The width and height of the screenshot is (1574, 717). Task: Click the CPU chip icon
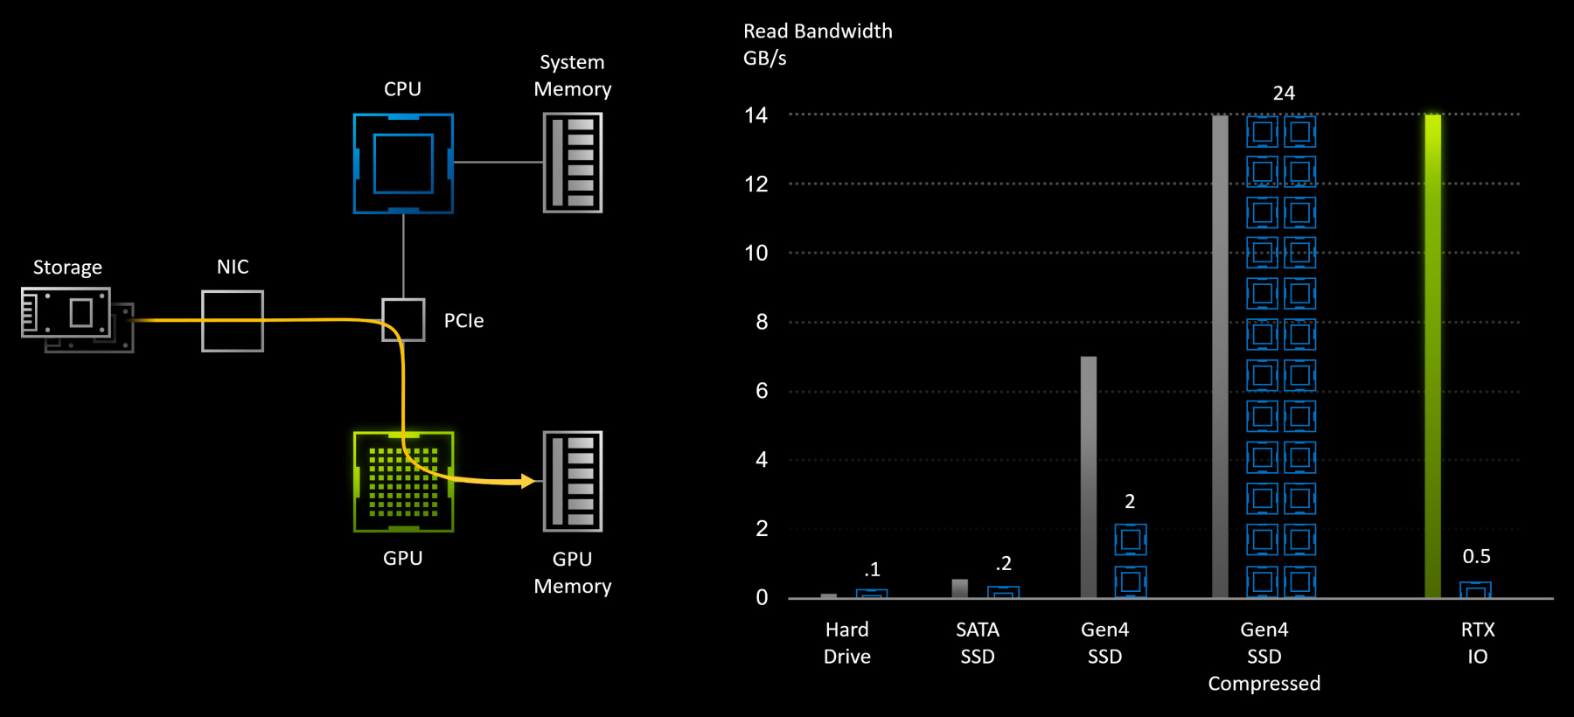[403, 164]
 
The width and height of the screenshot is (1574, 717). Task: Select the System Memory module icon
[573, 163]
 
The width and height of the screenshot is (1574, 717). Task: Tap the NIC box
[233, 321]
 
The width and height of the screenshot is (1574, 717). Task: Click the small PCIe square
[404, 320]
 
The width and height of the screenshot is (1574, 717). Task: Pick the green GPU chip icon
[403, 482]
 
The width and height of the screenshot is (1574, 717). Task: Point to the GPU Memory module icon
[573, 482]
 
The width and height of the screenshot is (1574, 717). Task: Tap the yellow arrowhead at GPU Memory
[527, 481]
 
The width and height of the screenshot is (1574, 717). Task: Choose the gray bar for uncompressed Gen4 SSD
[1089, 477]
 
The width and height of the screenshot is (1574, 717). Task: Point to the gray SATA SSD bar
[960, 588]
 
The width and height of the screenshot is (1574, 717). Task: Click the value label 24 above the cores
[1284, 94]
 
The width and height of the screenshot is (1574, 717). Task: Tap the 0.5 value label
[1476, 557]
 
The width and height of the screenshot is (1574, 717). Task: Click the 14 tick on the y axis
[756, 115]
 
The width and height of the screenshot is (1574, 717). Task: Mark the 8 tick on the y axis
[762, 322]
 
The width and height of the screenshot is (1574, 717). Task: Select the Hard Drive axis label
[846, 643]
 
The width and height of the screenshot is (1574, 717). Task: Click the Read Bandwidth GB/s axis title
[817, 45]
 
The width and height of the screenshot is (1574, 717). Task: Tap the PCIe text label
[463, 321]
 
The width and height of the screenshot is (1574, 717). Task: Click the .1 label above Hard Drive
[872, 570]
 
